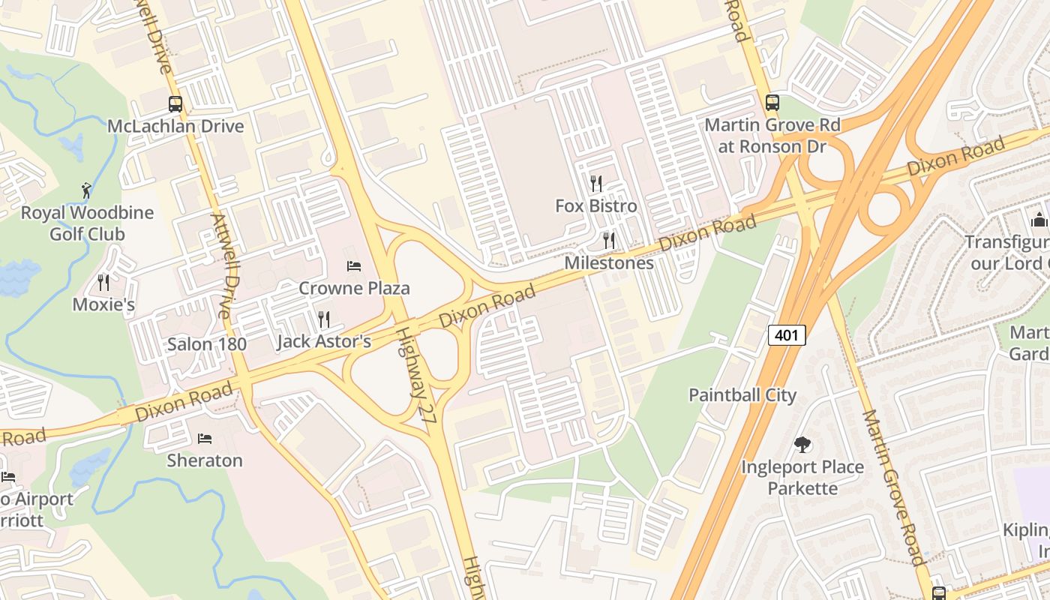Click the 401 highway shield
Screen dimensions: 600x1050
[x=786, y=335]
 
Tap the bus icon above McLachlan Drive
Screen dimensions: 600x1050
[x=175, y=104]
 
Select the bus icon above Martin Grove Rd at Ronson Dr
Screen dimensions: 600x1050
[x=772, y=103]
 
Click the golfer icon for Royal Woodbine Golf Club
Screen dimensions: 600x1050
[x=86, y=190]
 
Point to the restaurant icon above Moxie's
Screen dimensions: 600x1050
[x=103, y=283]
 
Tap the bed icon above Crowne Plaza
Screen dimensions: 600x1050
[x=354, y=266]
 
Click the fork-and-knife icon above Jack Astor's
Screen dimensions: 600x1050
[x=324, y=319]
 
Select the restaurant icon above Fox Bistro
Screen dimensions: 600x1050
[x=596, y=183]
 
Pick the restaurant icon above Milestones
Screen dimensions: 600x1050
[x=609, y=241]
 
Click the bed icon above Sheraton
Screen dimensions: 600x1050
[x=205, y=438]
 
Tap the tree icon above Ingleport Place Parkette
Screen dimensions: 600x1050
[x=802, y=445]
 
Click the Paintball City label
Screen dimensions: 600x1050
[x=742, y=395]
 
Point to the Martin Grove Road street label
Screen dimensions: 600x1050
[x=892, y=487]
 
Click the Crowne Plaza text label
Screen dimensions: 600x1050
[x=354, y=288]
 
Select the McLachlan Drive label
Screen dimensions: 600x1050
[x=175, y=126]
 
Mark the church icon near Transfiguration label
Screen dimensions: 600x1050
[x=1039, y=220]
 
